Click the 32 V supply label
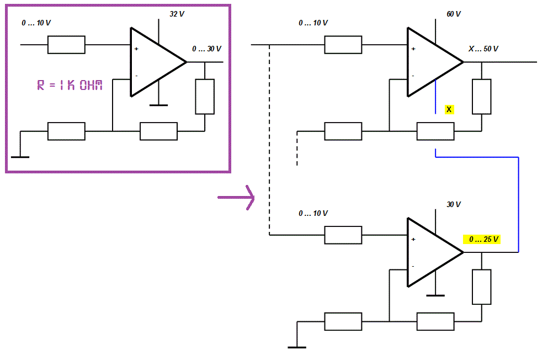(177, 14)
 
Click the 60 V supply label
(454, 14)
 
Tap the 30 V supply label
(454, 204)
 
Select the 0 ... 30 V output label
(206, 49)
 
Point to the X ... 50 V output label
(483, 49)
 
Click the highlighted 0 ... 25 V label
(482, 240)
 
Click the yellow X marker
(449, 109)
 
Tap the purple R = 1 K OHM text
(70, 85)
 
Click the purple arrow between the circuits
(236, 198)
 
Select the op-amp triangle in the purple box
(158, 62)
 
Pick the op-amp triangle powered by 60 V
(435, 62)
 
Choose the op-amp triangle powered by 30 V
(435, 252)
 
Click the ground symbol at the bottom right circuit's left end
(297, 347)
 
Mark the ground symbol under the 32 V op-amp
(159, 105)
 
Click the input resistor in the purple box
(66, 45)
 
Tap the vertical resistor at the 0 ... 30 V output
(205, 97)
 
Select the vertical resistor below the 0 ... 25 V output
(482, 287)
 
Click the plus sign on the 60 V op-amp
(413, 49)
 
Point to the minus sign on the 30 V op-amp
(413, 266)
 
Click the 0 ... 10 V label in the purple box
(36, 23)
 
